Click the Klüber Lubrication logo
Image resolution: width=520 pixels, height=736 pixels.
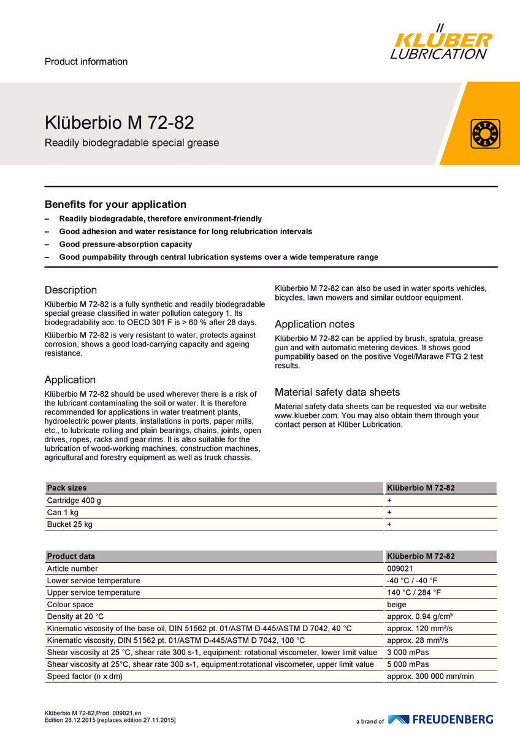[441, 43]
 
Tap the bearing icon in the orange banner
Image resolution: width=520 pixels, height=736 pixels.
[485, 134]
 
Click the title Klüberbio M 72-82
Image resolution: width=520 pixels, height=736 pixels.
[120, 123]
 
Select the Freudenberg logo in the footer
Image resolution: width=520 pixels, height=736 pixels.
[440, 719]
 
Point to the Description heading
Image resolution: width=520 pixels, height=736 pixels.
[71, 290]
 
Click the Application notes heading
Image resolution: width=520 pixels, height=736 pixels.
[315, 324]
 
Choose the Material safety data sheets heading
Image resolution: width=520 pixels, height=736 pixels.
[337, 393]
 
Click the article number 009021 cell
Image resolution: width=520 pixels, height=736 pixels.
[400, 569]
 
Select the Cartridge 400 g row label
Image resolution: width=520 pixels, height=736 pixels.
[74, 500]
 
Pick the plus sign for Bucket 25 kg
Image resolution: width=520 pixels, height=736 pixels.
[389, 524]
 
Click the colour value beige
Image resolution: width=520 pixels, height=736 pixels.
[397, 605]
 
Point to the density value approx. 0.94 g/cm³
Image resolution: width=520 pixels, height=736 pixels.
[419, 616]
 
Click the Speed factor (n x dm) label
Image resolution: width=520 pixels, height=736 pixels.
[89, 677]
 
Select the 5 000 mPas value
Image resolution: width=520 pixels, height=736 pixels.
[408, 664]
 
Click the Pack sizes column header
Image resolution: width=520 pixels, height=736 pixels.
[67, 488]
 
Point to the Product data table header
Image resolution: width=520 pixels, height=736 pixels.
[71, 556]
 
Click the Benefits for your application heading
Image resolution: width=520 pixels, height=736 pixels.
[115, 204]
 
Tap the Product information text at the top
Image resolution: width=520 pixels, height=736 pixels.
[86, 61]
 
